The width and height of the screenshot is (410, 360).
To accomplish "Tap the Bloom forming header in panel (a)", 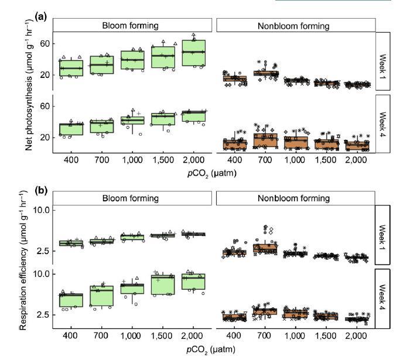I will [132, 25].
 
